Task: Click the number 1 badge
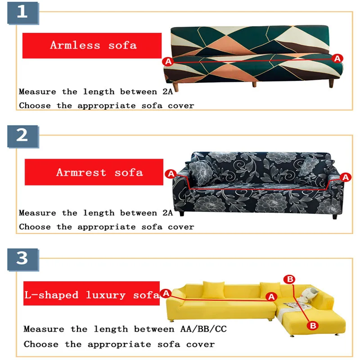point(23,13)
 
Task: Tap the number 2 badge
point(23,136)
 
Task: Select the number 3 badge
point(23,260)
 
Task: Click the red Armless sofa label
point(92,45)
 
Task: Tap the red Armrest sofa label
point(94,172)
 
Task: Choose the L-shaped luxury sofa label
point(91,293)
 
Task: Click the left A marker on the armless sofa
point(168,62)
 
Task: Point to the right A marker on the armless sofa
point(337,58)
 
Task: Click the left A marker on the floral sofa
point(171,174)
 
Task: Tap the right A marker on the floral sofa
point(346,177)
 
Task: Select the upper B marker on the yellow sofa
point(289,279)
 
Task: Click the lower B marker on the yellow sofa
point(313,325)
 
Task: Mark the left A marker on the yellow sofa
point(166,293)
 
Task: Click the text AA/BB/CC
point(203,329)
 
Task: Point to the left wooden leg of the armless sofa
point(175,87)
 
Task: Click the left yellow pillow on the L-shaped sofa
point(213,290)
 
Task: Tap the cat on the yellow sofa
point(309,295)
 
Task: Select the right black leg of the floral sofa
point(335,216)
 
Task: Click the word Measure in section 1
point(37,92)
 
